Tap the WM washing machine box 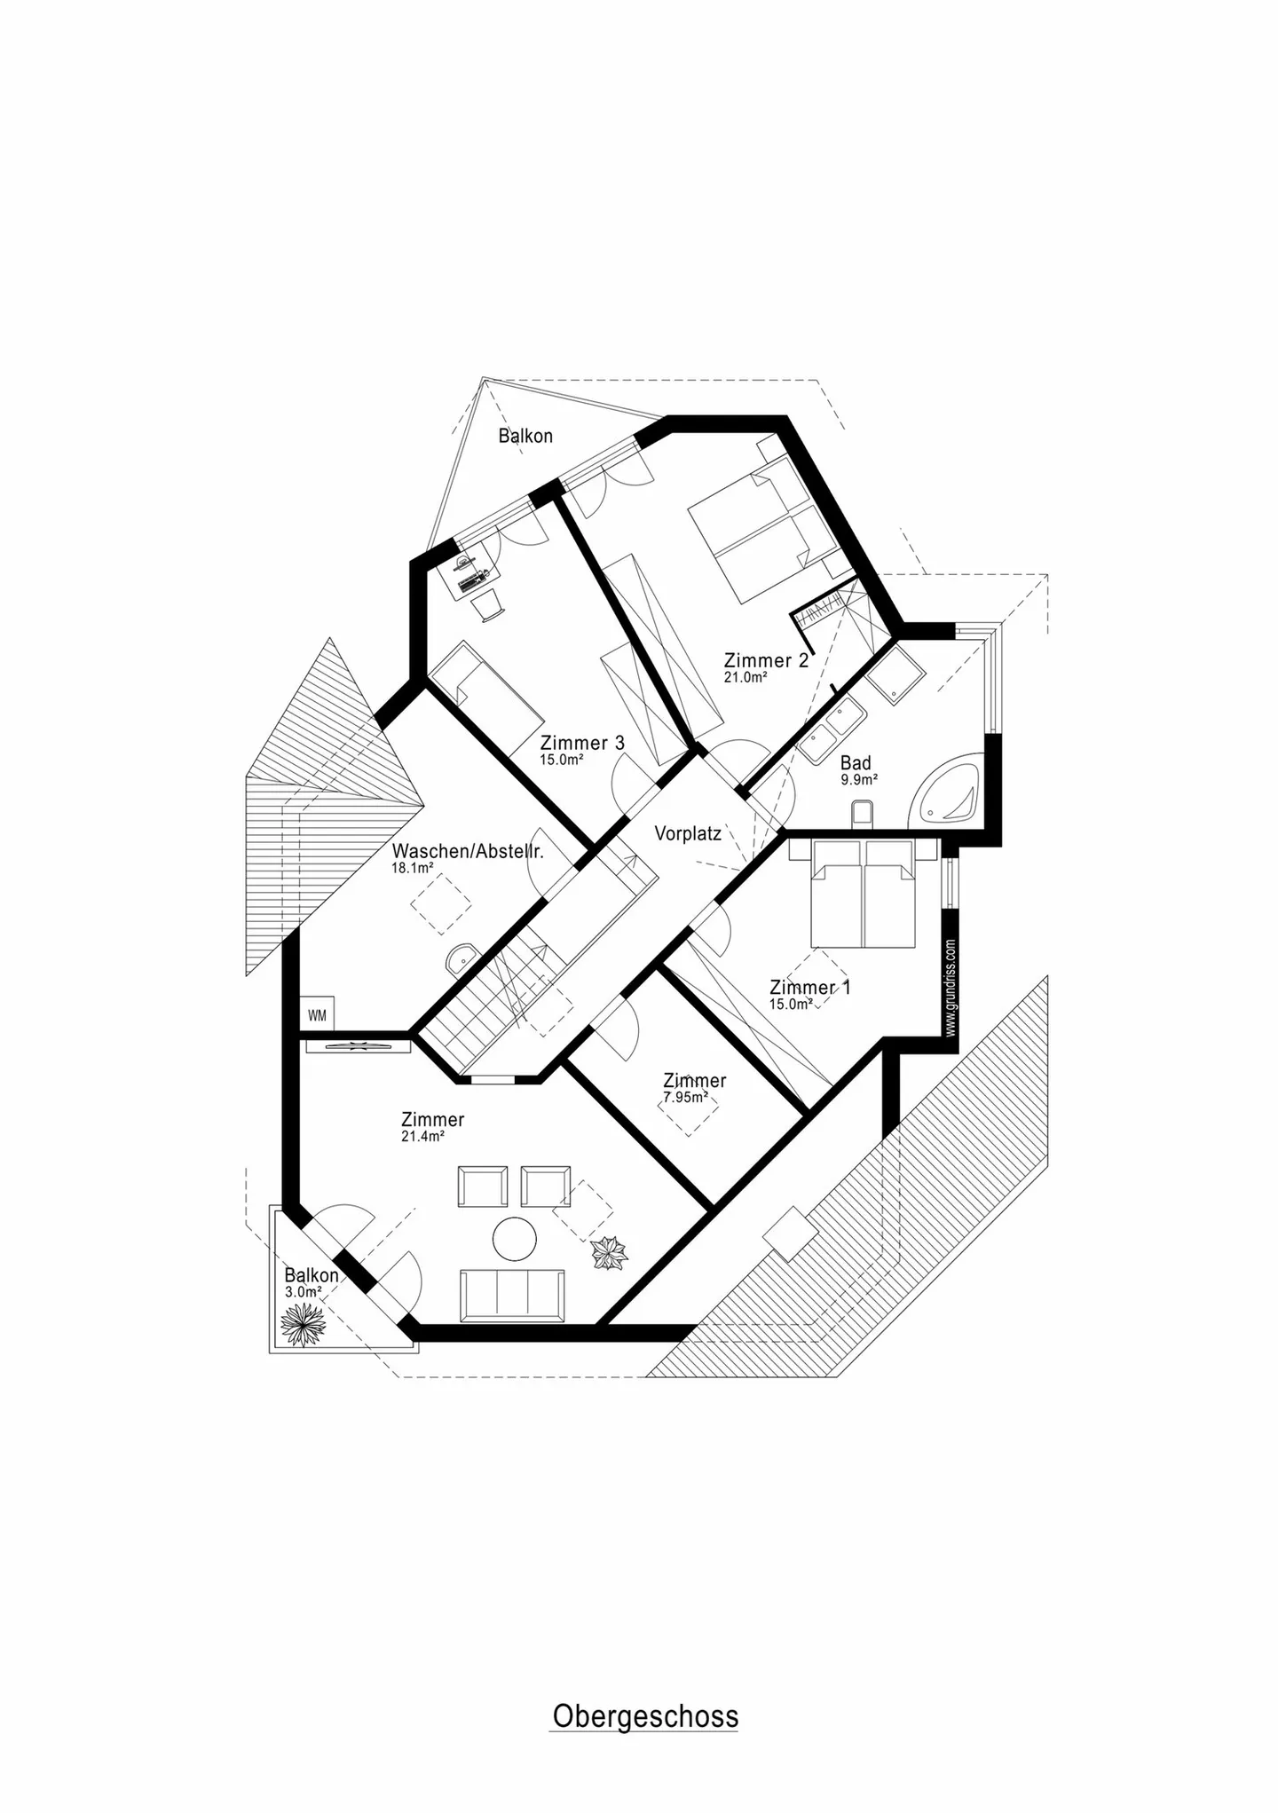click(317, 1015)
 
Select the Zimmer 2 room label click(766, 660)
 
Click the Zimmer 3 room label click(582, 743)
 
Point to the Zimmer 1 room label click(809, 987)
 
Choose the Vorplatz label click(688, 833)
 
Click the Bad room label click(856, 762)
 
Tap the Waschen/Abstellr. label click(468, 851)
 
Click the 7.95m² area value click(685, 1097)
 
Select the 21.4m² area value click(422, 1136)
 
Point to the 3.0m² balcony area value click(303, 1292)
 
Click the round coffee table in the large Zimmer click(515, 1238)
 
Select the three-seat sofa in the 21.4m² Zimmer click(511, 1295)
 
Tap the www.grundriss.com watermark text click(951, 988)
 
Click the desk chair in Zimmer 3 click(486, 608)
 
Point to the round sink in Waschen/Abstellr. click(461, 958)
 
